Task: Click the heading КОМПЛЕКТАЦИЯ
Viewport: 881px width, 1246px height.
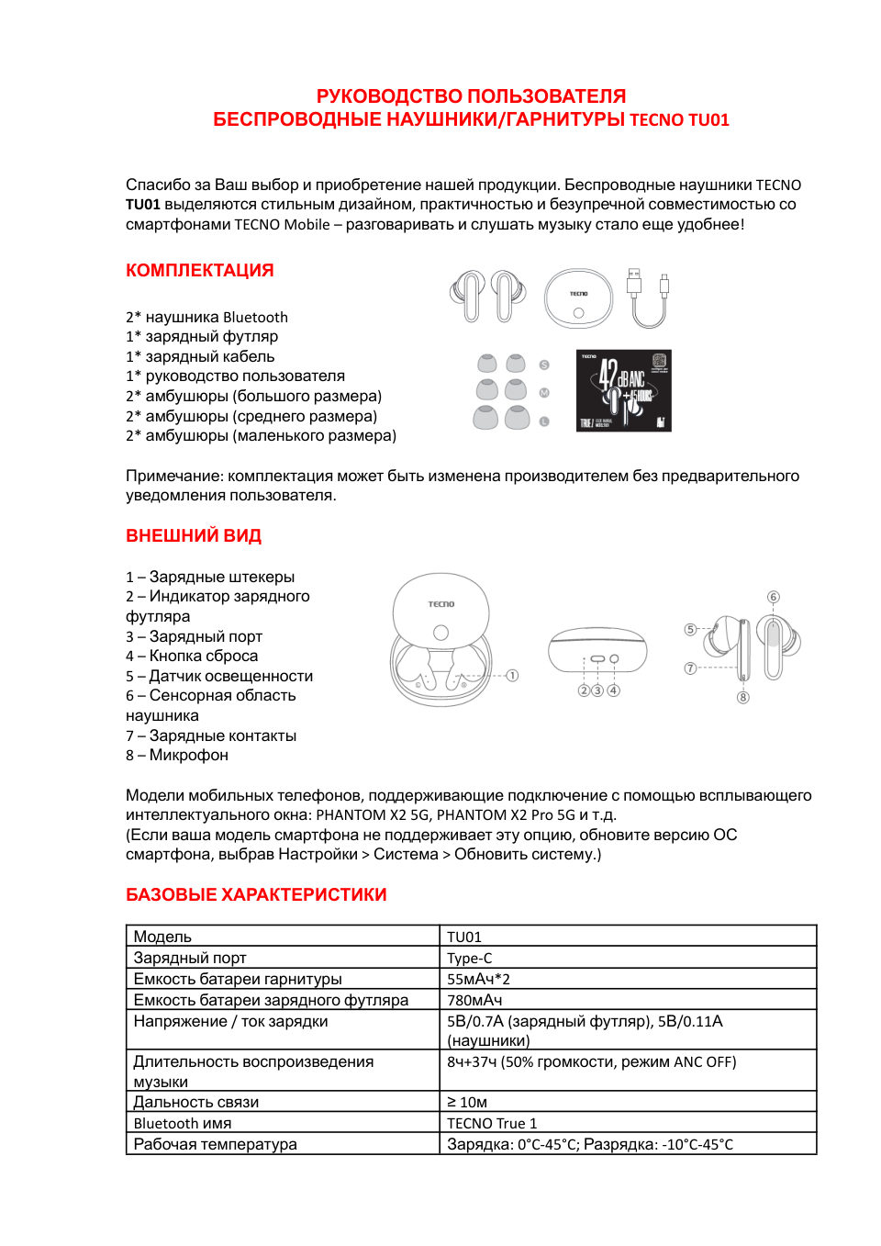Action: (x=199, y=271)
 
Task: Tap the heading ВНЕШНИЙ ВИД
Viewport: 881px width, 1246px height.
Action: (x=194, y=536)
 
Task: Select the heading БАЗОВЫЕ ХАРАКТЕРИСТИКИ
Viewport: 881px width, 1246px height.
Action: (x=256, y=895)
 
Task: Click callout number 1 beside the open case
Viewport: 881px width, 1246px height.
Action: (x=512, y=676)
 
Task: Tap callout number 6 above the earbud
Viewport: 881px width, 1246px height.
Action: (x=774, y=597)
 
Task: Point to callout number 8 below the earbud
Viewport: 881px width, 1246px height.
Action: (x=743, y=698)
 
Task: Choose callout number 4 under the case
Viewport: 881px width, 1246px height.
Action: (x=613, y=690)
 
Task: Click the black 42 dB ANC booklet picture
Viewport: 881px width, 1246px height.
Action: (x=623, y=390)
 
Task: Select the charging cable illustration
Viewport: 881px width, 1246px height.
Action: (x=648, y=298)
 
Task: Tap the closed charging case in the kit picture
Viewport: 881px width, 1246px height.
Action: (x=578, y=298)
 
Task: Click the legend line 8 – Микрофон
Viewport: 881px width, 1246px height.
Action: (x=177, y=756)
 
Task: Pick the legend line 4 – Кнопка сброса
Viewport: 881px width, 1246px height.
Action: (x=192, y=657)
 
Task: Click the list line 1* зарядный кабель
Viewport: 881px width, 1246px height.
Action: (x=200, y=356)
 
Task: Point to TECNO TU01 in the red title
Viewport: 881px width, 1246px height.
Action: (x=679, y=120)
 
